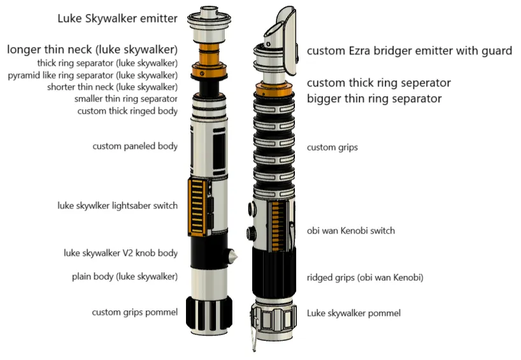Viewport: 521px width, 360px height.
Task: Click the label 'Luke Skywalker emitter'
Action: (x=117, y=18)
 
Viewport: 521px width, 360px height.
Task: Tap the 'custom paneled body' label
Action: (x=135, y=147)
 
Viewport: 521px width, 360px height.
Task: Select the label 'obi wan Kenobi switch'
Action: (x=351, y=231)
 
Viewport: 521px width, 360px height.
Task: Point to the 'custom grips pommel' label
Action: (x=134, y=312)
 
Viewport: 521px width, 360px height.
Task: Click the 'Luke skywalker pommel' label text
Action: (x=353, y=313)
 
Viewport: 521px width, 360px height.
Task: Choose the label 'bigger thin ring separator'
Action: (x=374, y=99)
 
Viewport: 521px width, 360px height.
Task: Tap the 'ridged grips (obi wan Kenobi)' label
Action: (x=365, y=278)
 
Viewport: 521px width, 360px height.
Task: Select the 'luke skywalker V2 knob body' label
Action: (x=120, y=253)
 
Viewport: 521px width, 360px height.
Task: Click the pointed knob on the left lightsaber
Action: (x=232, y=256)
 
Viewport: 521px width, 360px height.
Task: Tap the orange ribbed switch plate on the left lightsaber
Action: (x=197, y=206)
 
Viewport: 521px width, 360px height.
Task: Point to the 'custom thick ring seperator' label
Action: (x=379, y=83)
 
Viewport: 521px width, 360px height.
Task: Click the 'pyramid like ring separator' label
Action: (x=93, y=75)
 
